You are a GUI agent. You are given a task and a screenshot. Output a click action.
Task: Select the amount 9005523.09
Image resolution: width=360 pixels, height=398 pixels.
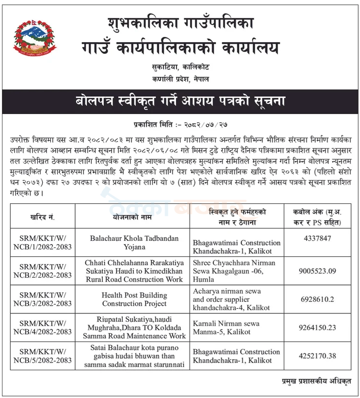tap(318, 271)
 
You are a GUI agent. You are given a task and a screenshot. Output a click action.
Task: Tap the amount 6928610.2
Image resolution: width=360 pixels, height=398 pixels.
tap(318, 299)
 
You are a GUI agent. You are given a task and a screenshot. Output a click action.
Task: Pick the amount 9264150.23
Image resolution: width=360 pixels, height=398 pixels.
tap(318, 328)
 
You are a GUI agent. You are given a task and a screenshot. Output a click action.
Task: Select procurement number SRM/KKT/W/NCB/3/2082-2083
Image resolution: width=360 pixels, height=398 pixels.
tap(43, 299)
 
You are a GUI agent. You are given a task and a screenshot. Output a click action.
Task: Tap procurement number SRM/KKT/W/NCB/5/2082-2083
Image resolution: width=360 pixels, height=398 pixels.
tap(43, 356)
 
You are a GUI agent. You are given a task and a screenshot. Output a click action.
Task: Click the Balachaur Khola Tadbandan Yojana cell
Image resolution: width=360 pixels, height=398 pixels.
tap(134, 243)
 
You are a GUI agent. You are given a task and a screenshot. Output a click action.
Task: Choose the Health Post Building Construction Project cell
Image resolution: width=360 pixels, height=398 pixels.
tap(134, 299)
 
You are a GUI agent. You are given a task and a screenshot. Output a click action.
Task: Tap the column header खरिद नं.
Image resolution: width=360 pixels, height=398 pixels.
tap(43, 217)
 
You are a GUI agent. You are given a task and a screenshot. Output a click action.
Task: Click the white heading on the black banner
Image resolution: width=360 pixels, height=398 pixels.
tap(180, 101)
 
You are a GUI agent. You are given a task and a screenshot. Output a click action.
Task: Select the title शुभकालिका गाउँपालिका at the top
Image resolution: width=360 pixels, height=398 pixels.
tap(180, 23)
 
